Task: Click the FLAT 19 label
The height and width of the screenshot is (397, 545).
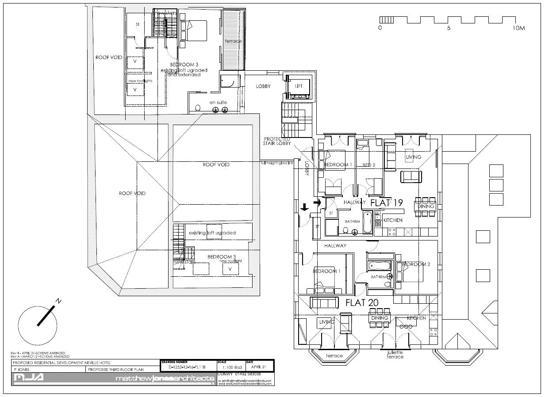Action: pyautogui.click(x=386, y=203)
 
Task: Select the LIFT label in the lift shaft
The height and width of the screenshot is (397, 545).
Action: pyautogui.click(x=299, y=86)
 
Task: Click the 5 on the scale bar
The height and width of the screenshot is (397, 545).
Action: pyautogui.click(x=449, y=28)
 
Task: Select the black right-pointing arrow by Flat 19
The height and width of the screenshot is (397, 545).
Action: pyautogui.click(x=317, y=202)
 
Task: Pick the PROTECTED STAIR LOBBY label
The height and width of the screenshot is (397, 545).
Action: pyautogui.click(x=277, y=141)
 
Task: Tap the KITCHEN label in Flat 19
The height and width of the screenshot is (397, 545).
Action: pyautogui.click(x=392, y=220)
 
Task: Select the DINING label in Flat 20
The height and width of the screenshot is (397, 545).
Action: pyautogui.click(x=380, y=318)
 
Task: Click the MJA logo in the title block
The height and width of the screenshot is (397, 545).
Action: pyautogui.click(x=28, y=378)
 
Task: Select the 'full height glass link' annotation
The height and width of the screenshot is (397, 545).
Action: pyautogui.click(x=277, y=163)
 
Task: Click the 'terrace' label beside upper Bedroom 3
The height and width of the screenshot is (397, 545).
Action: pyautogui.click(x=233, y=41)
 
